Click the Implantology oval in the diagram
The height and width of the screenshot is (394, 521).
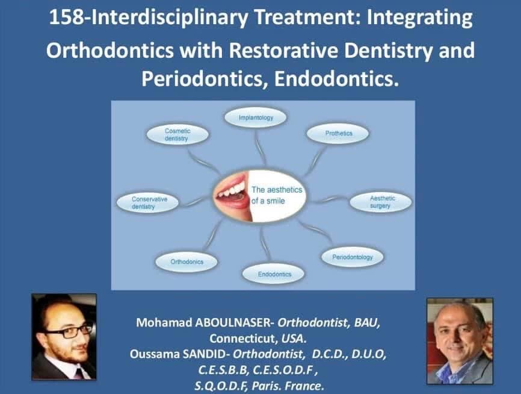[x=256, y=117]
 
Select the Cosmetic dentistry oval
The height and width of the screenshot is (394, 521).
[x=177, y=135]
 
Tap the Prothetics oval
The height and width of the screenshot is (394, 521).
[x=338, y=133]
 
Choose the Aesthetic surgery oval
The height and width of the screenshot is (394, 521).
[x=381, y=202]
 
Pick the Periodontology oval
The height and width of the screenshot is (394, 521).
[x=352, y=257]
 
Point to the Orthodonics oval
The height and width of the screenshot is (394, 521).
[x=187, y=262]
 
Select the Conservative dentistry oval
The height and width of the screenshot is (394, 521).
[x=147, y=202]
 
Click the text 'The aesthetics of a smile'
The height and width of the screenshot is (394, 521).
[x=277, y=195]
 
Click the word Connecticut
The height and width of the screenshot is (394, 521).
[x=244, y=339]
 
